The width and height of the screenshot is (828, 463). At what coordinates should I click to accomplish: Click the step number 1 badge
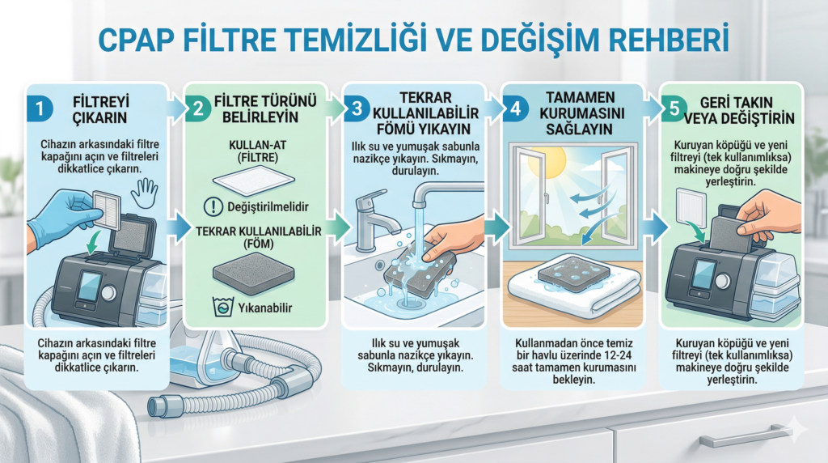(40, 109)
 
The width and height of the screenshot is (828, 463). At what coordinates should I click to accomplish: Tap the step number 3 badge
(357, 108)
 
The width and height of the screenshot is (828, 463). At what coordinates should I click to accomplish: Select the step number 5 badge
(674, 109)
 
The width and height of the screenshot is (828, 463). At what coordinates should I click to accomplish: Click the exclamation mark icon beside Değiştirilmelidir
(213, 206)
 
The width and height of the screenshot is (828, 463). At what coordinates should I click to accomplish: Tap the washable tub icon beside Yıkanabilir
(223, 307)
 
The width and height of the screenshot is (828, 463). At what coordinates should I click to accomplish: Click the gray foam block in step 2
(253, 273)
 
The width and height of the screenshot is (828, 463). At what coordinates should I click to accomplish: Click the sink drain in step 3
(410, 302)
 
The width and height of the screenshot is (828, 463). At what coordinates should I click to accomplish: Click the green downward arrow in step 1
(95, 241)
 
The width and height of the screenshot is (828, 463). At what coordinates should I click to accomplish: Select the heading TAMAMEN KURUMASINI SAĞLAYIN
(580, 113)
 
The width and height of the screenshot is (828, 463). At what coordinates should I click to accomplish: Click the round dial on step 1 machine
(108, 292)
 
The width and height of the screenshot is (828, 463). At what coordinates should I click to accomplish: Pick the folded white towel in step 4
(574, 291)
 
